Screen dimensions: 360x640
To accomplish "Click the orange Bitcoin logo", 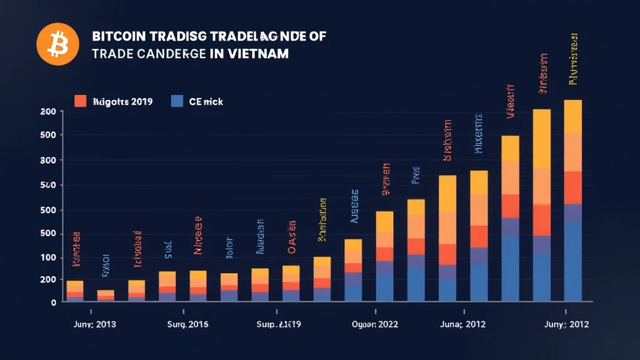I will click(x=58, y=45).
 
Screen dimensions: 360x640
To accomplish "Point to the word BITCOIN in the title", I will click(x=117, y=37).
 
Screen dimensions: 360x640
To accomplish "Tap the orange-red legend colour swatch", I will click(x=80, y=101).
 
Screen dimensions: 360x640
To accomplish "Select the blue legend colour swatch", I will click(x=177, y=101).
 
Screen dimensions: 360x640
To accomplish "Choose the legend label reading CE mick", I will click(x=206, y=101).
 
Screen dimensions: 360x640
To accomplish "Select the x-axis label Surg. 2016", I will click(x=188, y=325).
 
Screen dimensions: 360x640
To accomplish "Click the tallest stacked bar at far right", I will click(x=573, y=200).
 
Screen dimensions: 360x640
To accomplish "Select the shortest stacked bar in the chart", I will click(x=106, y=296).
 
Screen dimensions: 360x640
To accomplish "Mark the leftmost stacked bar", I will click(x=75, y=291).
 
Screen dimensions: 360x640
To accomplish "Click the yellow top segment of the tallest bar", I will click(x=573, y=116).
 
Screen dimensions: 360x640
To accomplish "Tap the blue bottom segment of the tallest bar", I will click(x=573, y=262).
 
